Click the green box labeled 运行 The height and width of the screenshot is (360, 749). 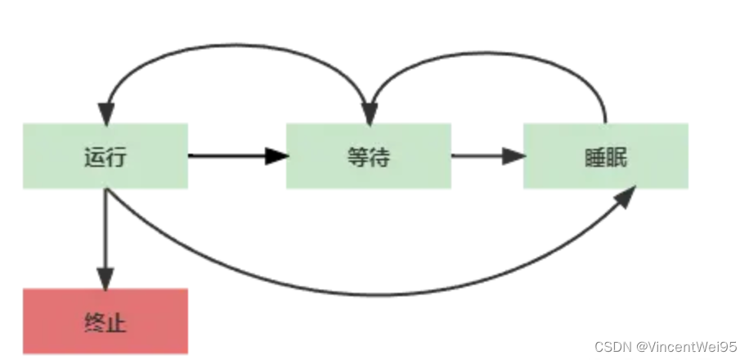click(x=105, y=155)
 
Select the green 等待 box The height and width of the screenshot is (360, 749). click(x=368, y=155)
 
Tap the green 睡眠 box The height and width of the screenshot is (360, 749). click(x=605, y=155)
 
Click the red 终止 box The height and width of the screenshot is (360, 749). click(x=105, y=321)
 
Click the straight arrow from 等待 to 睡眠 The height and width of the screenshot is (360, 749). click(x=482, y=155)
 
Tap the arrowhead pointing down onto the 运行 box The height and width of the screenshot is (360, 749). click(x=105, y=114)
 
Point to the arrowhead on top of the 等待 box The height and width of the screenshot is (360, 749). click(x=370, y=114)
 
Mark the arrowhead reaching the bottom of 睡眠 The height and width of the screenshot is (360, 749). click(x=625, y=196)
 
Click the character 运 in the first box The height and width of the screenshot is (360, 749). click(x=95, y=156)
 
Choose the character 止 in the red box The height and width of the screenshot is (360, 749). click(x=116, y=322)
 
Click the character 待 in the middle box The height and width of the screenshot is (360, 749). click(x=379, y=156)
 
